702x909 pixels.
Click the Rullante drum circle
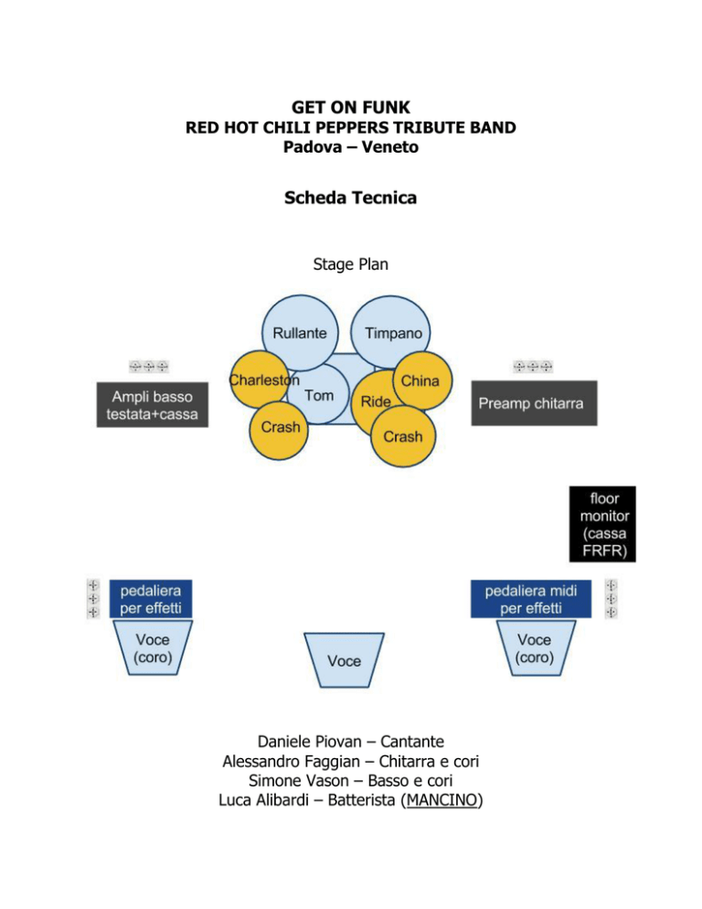300,333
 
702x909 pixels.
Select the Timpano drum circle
390,332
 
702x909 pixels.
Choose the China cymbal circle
422,380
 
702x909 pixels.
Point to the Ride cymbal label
376,401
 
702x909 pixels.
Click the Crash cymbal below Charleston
279,430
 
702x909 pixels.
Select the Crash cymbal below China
403,436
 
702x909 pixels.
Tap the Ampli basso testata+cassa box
153,404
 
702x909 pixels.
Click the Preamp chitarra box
534,403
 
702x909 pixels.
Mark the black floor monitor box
602,524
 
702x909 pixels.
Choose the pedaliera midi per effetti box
531,599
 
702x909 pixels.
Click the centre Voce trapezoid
345,659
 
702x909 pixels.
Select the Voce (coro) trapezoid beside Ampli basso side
153,647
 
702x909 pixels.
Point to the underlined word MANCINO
441,800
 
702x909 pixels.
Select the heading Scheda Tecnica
351,198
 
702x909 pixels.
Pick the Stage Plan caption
351,264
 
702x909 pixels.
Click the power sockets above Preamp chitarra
533,367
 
